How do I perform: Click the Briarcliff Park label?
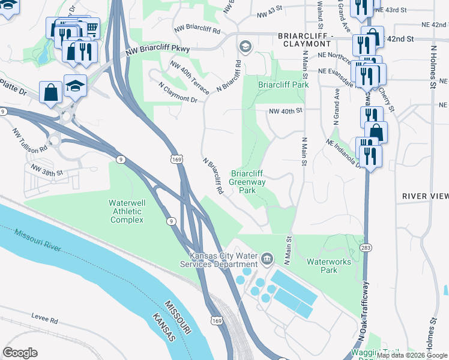(x=283, y=85)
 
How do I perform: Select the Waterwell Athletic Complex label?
(x=127, y=212)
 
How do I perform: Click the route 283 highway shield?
(x=364, y=247)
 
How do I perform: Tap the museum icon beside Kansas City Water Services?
(x=268, y=259)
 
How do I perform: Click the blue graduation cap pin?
(x=75, y=86)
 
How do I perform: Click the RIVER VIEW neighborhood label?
(x=425, y=196)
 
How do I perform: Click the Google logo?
(x=20, y=352)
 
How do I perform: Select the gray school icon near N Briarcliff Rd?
(x=245, y=47)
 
